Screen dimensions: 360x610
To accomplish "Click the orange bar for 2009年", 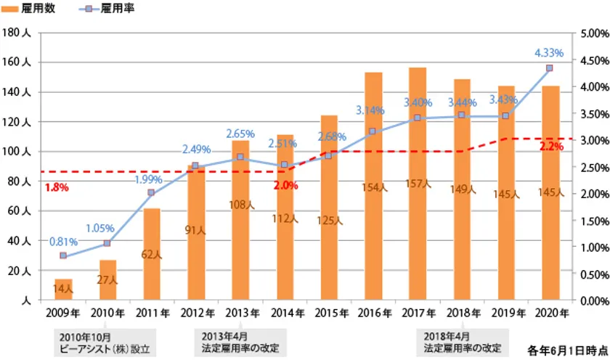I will [63, 290].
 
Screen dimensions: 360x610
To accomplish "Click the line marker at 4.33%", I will [550, 68].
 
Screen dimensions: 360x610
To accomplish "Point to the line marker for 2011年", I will [152, 193].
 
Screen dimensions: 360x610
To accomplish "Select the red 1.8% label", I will [56, 187].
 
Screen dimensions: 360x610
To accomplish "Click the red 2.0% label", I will [285, 185].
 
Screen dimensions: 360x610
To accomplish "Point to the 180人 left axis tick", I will [16, 33].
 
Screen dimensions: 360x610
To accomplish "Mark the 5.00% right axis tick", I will [595, 33].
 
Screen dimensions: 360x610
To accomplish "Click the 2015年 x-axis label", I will [329, 314].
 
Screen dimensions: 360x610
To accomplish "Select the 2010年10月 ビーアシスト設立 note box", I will [105, 343].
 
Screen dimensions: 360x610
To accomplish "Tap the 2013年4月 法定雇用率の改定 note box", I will [240, 343].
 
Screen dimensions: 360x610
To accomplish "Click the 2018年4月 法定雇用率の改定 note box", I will [460, 343].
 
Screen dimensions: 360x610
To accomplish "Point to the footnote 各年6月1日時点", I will [567, 348].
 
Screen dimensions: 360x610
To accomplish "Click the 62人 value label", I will [152, 254].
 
